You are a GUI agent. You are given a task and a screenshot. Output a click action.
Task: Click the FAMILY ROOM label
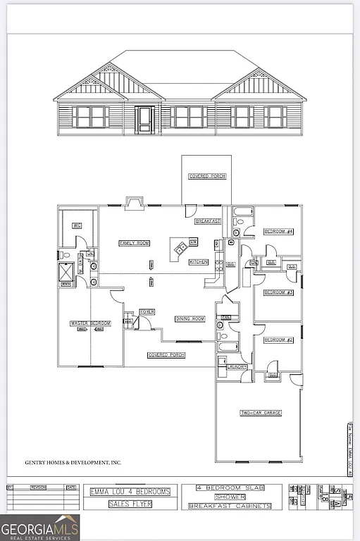click(135, 243)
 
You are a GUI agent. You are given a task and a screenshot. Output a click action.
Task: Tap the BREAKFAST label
click(208, 221)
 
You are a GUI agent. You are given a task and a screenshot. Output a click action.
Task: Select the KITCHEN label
click(199, 261)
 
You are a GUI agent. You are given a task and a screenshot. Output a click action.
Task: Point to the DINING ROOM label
click(190, 319)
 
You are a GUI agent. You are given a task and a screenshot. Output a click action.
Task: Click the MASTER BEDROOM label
click(90, 323)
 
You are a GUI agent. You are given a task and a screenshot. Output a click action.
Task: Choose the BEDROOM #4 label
click(278, 231)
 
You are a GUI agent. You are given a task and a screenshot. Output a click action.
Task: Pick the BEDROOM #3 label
click(278, 292)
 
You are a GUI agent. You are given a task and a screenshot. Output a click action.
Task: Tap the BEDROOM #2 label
click(278, 340)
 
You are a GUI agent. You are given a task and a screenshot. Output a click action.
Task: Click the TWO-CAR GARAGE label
click(261, 413)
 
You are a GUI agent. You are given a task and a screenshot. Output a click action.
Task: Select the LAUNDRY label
click(237, 367)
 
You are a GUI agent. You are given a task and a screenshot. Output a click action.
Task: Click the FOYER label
click(147, 311)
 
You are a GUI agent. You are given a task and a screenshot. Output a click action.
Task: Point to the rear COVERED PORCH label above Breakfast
click(207, 176)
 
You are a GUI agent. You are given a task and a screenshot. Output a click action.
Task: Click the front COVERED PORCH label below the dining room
click(166, 355)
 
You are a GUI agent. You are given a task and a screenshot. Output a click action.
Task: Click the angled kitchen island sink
click(181, 247)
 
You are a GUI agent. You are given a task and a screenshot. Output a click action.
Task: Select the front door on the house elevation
click(145, 119)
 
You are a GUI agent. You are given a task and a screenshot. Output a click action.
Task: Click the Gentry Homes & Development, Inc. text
click(73, 463)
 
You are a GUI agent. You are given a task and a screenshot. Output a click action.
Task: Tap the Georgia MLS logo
click(40, 527)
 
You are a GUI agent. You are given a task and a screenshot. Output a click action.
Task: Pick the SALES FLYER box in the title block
click(130, 504)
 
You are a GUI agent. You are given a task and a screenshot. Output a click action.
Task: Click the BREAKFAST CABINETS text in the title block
click(231, 505)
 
